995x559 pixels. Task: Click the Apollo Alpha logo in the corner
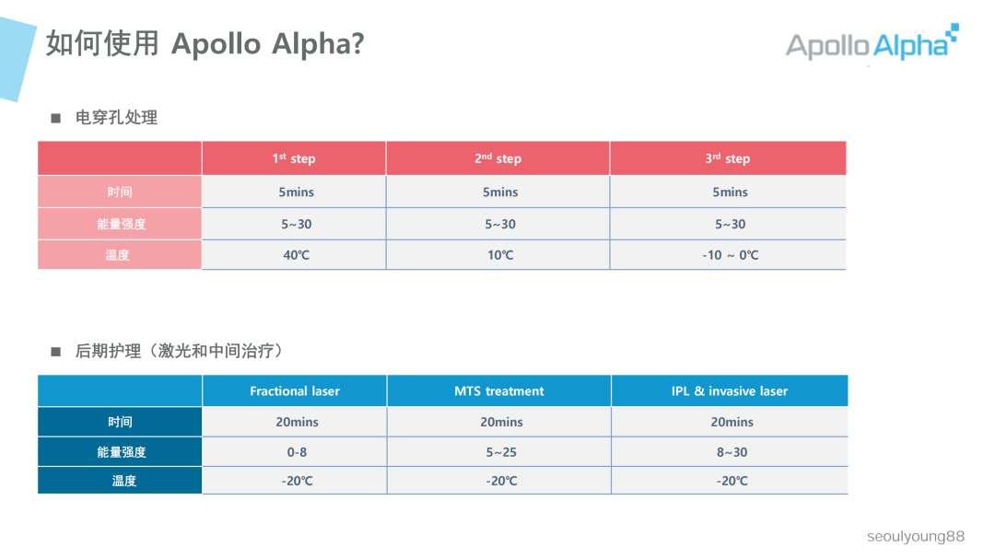[x=872, y=43]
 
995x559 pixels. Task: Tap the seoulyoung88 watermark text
[x=916, y=537]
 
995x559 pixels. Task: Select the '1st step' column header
[x=294, y=158]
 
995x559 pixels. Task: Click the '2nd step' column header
[x=498, y=158]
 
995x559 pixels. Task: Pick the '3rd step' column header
[x=728, y=158]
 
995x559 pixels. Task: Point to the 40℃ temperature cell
[x=297, y=255]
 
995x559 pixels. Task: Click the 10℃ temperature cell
[x=500, y=255]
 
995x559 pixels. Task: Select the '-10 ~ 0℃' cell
[x=731, y=255]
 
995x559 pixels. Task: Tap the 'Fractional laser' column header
[x=295, y=390]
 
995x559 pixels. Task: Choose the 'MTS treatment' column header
[x=499, y=390]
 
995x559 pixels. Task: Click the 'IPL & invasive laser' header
[x=730, y=390]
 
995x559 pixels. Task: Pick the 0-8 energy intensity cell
[x=297, y=452]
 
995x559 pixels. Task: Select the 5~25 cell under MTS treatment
[x=501, y=452]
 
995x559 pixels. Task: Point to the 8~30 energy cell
[x=732, y=452]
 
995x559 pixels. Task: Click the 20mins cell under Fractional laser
[x=297, y=422]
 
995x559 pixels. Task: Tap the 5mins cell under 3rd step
[x=731, y=192]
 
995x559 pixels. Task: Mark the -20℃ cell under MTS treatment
[x=501, y=481]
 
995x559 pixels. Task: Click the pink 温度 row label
[x=119, y=255]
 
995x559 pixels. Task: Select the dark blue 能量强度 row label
[x=120, y=452]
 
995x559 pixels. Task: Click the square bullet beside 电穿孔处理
[x=56, y=118]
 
